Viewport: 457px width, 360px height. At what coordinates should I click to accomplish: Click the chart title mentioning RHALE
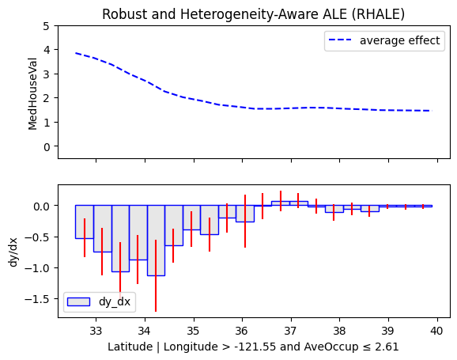pyautogui.click(x=253, y=14)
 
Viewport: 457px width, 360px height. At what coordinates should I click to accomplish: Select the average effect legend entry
pyautogui.click(x=384, y=40)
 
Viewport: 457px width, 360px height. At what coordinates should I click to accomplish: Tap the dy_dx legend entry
pyautogui.click(x=99, y=301)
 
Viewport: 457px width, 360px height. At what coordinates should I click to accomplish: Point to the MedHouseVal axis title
pyautogui.click(x=32, y=93)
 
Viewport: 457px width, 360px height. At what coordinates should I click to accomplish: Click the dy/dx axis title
pyautogui.click(x=13, y=252)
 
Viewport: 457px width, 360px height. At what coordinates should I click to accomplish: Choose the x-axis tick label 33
pyautogui.click(x=96, y=331)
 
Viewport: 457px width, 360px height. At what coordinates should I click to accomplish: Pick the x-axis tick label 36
pyautogui.click(x=242, y=331)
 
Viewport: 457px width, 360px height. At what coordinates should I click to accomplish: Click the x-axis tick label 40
pyautogui.click(x=437, y=331)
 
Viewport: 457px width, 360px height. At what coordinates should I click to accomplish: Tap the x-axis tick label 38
pyautogui.click(x=339, y=331)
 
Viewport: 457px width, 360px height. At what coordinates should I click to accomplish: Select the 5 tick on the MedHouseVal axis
pyautogui.click(x=47, y=26)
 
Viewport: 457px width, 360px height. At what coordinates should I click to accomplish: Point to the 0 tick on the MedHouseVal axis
pyautogui.click(x=47, y=146)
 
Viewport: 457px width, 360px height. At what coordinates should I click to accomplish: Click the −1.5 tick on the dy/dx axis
pyautogui.click(x=37, y=299)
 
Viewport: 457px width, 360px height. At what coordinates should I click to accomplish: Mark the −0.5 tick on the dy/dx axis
pyautogui.click(x=37, y=237)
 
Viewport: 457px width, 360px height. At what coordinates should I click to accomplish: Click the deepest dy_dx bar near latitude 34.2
pyautogui.click(x=157, y=241)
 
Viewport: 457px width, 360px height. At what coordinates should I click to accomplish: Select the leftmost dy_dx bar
pyautogui.click(x=85, y=222)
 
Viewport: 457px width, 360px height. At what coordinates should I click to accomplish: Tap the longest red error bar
pyautogui.click(x=156, y=275)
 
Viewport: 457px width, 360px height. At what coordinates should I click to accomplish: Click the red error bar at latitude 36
pyautogui.click(x=245, y=221)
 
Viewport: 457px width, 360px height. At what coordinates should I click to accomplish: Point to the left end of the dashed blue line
pyautogui.click(x=76, y=53)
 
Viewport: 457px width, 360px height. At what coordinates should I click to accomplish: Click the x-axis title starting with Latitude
pyautogui.click(x=253, y=347)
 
